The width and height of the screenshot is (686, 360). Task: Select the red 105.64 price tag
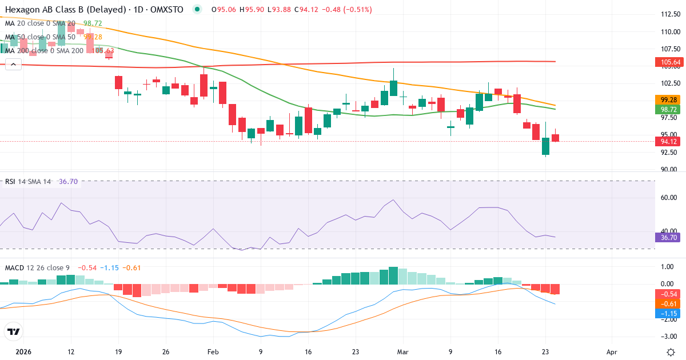tap(667, 62)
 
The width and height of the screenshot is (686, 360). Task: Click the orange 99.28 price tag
tap(667, 99)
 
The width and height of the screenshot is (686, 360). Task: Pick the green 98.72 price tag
tap(667, 109)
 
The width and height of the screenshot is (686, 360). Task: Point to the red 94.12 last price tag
tap(667, 142)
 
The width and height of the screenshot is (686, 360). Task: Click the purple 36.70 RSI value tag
tap(667, 237)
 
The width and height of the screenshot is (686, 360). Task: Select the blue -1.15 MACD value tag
tap(667, 314)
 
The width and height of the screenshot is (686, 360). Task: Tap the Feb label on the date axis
tap(213, 352)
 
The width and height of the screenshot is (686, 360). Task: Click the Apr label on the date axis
tap(612, 352)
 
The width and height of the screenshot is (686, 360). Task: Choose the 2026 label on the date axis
tap(23, 352)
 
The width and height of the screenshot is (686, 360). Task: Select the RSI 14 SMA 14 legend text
tap(28, 182)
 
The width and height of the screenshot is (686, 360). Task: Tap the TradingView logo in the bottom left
tap(13, 331)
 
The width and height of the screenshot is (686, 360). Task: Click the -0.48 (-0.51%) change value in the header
tap(348, 10)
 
